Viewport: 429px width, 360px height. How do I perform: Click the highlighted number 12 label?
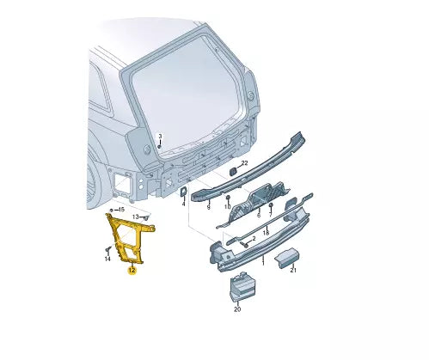[x=132, y=271]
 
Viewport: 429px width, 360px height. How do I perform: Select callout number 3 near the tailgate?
[x=160, y=136]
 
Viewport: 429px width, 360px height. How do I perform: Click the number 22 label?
[x=244, y=163]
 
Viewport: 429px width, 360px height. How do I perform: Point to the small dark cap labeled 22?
[x=232, y=171]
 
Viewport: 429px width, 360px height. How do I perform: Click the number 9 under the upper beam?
[x=208, y=207]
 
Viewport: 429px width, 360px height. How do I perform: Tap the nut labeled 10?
[x=228, y=198]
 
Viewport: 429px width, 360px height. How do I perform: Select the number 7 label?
[x=270, y=215]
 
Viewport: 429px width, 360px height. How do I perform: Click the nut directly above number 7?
[x=270, y=205]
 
